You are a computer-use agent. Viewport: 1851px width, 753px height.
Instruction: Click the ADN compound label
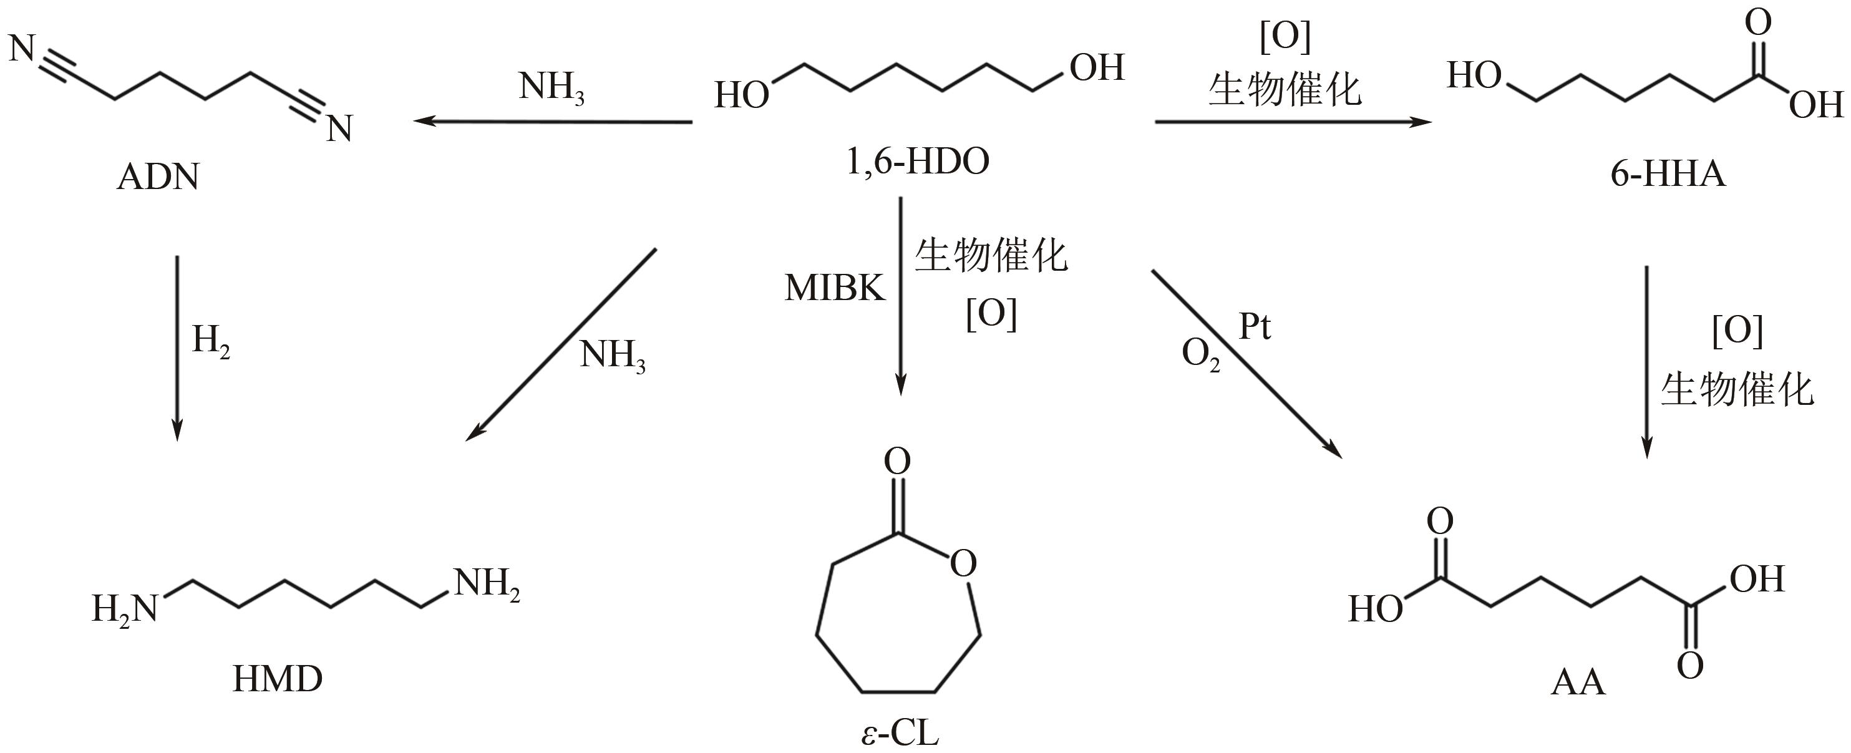click(x=157, y=177)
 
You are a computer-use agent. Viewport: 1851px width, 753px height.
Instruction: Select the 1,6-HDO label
click(x=918, y=162)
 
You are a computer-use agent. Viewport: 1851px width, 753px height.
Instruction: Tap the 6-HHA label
click(x=1668, y=175)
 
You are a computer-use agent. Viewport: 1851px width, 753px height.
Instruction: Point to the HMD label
click(x=278, y=679)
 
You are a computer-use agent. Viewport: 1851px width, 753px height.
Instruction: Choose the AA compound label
click(x=1578, y=682)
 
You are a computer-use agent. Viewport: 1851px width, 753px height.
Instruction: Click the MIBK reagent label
click(x=835, y=288)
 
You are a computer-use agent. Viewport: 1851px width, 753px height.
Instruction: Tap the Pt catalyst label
click(x=1255, y=327)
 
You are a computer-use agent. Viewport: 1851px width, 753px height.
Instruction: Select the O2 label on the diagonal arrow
click(x=1201, y=355)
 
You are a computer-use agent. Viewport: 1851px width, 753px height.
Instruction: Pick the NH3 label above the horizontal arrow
click(x=551, y=89)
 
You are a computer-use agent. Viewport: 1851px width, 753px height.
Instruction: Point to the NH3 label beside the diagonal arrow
click(x=612, y=356)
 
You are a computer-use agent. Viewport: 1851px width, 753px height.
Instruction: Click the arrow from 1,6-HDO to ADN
click(x=553, y=122)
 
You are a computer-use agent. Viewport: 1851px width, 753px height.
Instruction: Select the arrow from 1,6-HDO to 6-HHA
click(x=1293, y=122)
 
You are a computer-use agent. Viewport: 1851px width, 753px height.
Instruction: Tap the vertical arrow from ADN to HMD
click(x=177, y=347)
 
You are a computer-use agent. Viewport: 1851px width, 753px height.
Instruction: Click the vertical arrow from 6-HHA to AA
click(x=1646, y=362)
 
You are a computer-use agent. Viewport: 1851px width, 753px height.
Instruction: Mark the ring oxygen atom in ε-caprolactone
click(x=963, y=564)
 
